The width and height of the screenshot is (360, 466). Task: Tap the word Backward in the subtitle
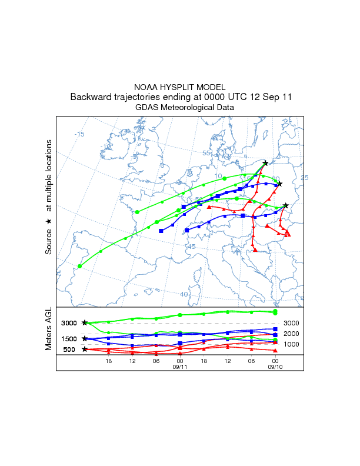tap(89, 97)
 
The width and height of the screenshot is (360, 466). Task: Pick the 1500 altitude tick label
tap(69, 339)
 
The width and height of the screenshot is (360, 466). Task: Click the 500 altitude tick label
tap(69, 349)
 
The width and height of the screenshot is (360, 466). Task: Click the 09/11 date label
tap(179, 367)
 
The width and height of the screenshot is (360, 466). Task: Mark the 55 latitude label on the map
tap(206, 153)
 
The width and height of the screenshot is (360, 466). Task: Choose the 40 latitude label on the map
tap(184, 294)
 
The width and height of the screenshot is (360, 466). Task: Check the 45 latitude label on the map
tap(191, 247)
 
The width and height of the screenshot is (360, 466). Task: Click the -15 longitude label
tap(79, 134)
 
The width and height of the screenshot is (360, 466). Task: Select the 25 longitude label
tap(305, 178)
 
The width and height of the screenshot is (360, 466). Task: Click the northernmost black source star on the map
tap(265, 163)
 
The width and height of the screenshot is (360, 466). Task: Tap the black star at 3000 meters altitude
tap(85, 323)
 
